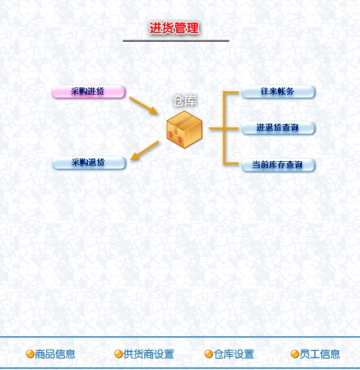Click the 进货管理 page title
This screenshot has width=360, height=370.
[174, 28]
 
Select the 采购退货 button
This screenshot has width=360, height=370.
[88, 162]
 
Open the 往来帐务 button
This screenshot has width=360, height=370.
[278, 91]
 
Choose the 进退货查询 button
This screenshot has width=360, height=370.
[278, 128]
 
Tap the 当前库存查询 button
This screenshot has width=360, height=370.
[278, 165]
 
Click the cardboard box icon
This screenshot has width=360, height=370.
[184, 130]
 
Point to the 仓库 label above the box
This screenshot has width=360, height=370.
[185, 101]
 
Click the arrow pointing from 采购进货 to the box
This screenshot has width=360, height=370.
[143, 105]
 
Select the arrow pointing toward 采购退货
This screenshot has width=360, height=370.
[144, 150]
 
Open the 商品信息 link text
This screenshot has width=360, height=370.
[55, 354]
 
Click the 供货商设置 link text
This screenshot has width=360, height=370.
[149, 354]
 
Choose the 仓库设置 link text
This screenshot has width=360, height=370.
[234, 354]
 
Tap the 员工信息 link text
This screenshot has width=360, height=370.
[319, 354]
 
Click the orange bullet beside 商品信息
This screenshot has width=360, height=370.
[30, 354]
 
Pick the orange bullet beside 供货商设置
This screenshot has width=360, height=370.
[118, 354]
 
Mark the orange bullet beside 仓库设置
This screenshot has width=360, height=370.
[208, 354]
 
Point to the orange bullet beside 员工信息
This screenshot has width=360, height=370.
[295, 354]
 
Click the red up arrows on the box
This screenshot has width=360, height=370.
[175, 137]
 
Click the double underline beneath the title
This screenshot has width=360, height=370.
[176, 41]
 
